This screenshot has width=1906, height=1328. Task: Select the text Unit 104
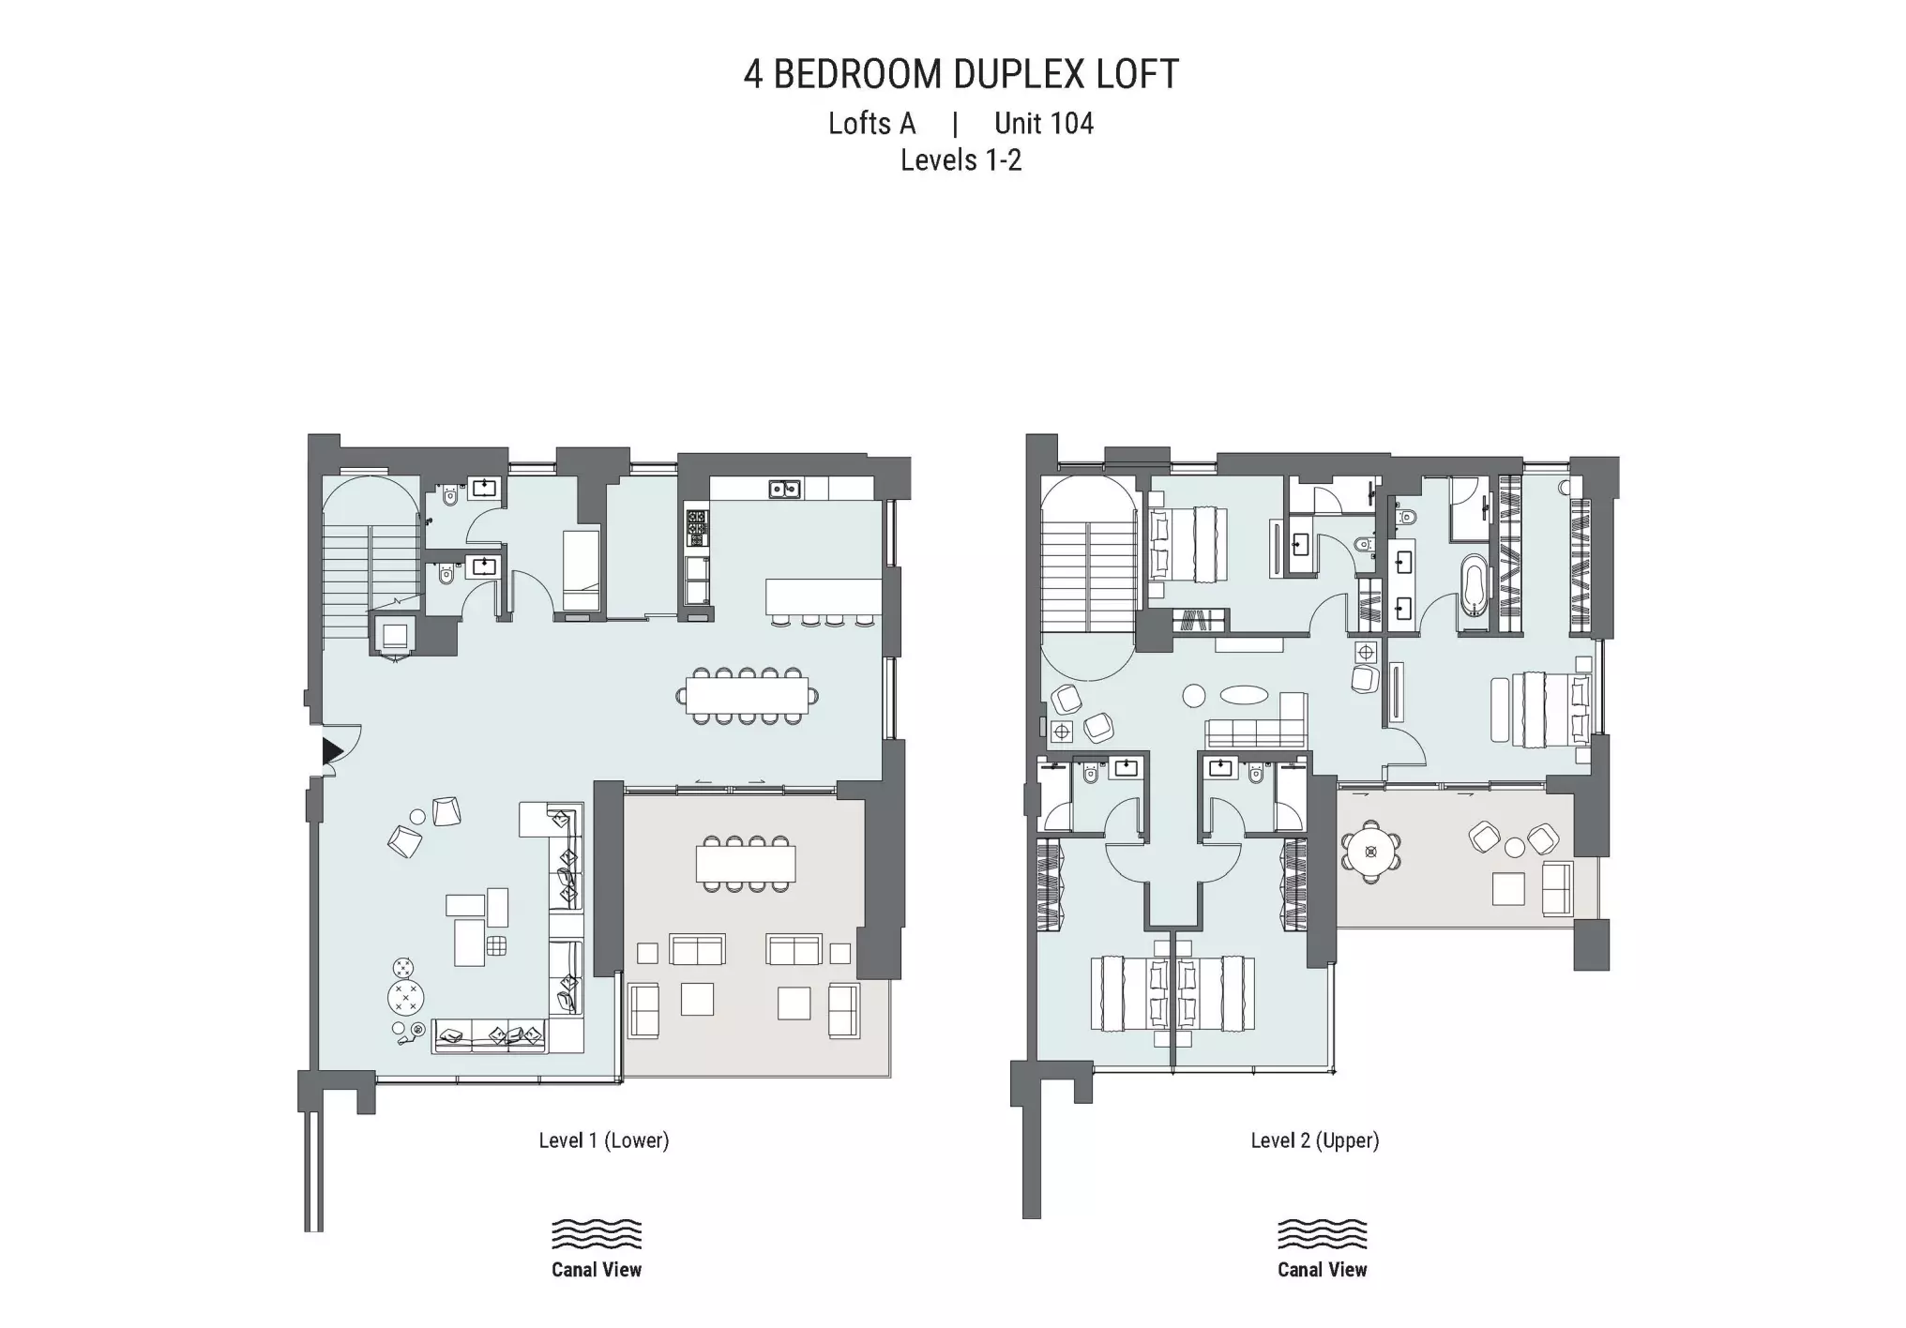(1044, 123)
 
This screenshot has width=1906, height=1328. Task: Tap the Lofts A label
(871, 123)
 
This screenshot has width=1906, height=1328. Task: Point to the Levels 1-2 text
(961, 160)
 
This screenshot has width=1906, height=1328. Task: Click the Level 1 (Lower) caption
(603, 1140)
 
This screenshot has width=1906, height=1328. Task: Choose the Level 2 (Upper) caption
(1314, 1140)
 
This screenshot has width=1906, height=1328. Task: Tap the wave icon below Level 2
(1322, 1234)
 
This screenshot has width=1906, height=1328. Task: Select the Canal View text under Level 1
(597, 1270)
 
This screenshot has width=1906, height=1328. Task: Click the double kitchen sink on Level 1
(784, 489)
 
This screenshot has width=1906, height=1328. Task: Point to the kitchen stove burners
(697, 528)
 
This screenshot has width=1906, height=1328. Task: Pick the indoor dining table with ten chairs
(747, 696)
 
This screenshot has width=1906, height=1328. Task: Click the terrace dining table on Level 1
(746, 864)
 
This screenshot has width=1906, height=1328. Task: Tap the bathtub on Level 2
(1474, 585)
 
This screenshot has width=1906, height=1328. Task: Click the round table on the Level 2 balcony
(1371, 853)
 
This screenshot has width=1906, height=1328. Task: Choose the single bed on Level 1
(581, 571)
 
